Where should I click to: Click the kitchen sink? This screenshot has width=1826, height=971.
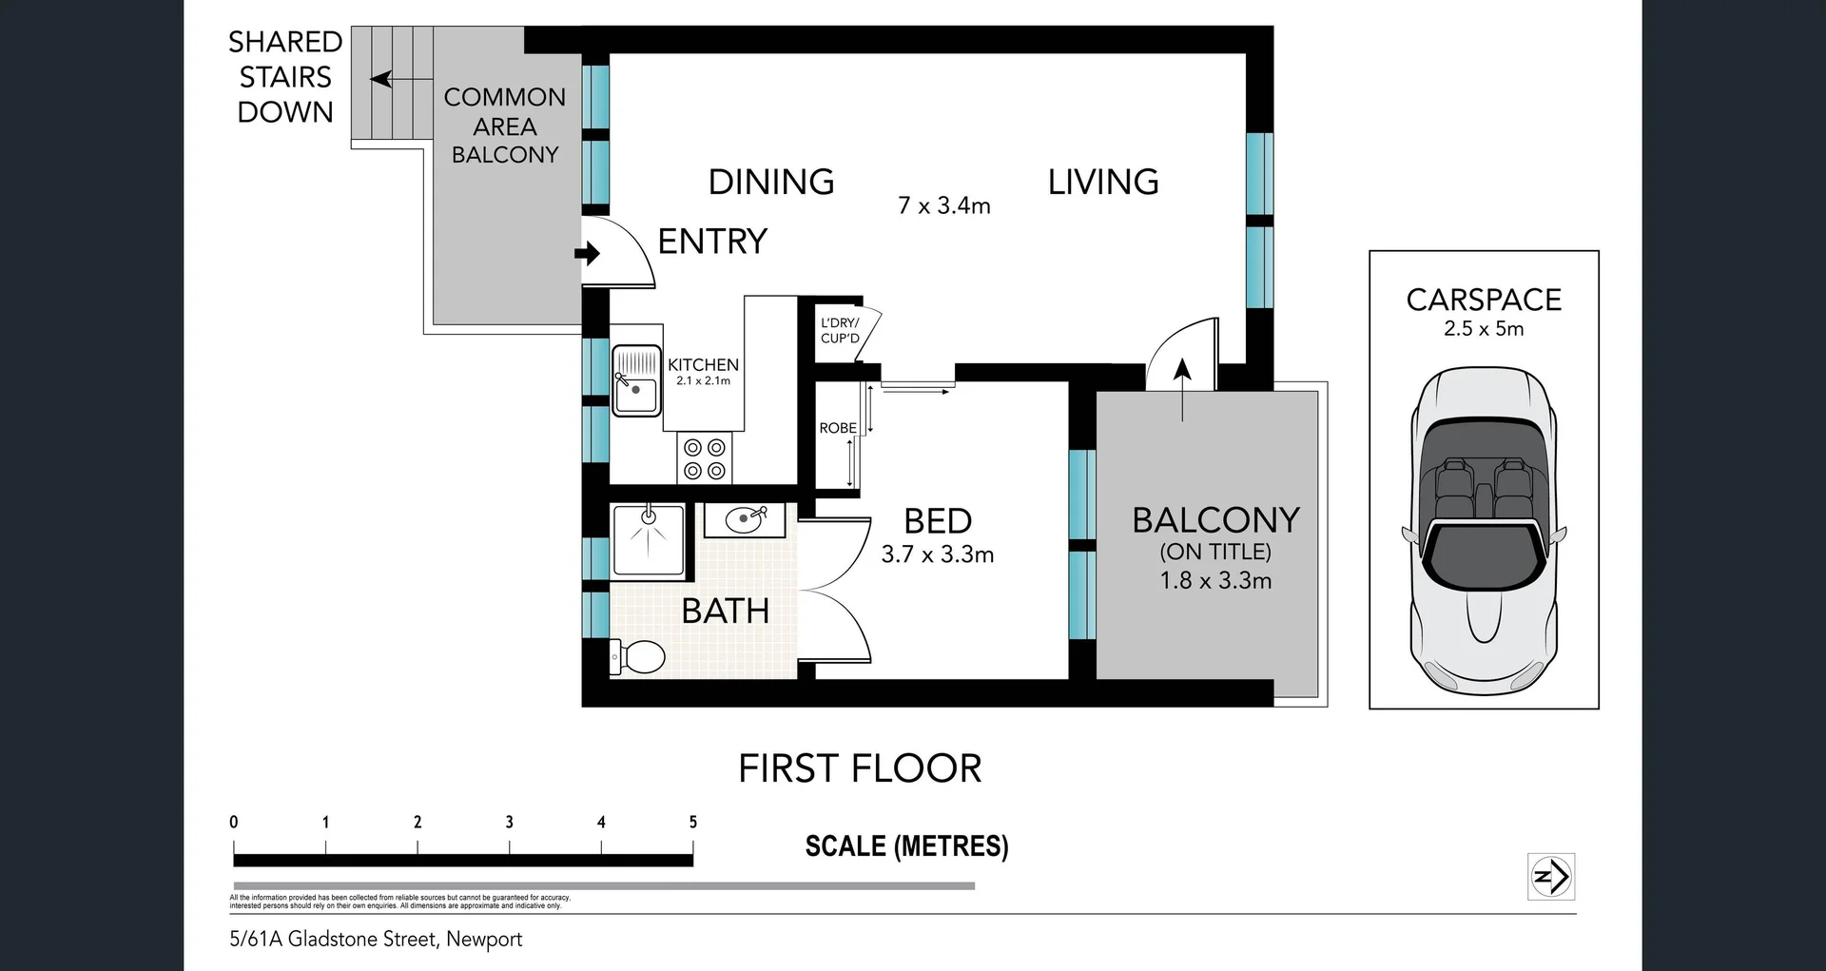tap(636, 380)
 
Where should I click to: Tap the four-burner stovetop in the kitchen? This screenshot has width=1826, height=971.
tap(704, 458)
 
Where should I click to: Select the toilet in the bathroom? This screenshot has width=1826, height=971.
tap(637, 656)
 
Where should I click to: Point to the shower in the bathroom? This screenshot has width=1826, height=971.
tap(648, 540)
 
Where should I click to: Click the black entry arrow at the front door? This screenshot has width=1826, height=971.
tap(588, 254)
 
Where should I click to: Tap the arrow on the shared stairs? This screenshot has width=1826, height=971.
tap(393, 79)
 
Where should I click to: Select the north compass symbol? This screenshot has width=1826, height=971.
tap(1551, 876)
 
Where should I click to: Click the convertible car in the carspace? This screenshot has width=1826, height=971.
tap(1484, 531)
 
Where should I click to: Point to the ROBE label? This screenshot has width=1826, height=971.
tap(838, 428)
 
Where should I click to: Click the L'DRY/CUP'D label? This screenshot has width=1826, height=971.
tap(840, 330)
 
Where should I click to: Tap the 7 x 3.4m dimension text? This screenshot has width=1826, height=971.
tap(944, 205)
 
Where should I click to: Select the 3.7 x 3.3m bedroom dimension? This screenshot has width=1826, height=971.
tap(938, 554)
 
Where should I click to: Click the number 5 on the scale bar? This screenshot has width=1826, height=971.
tap(693, 822)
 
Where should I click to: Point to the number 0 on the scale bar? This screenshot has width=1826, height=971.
tap(234, 822)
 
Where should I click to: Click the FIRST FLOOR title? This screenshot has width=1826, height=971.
tap(860, 768)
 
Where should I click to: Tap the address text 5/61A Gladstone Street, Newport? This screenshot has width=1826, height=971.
tap(376, 940)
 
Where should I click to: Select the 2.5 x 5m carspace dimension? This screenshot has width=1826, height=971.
tap(1484, 329)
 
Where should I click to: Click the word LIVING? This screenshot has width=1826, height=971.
tap(1103, 182)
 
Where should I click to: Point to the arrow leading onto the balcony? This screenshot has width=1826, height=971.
tap(1182, 389)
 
